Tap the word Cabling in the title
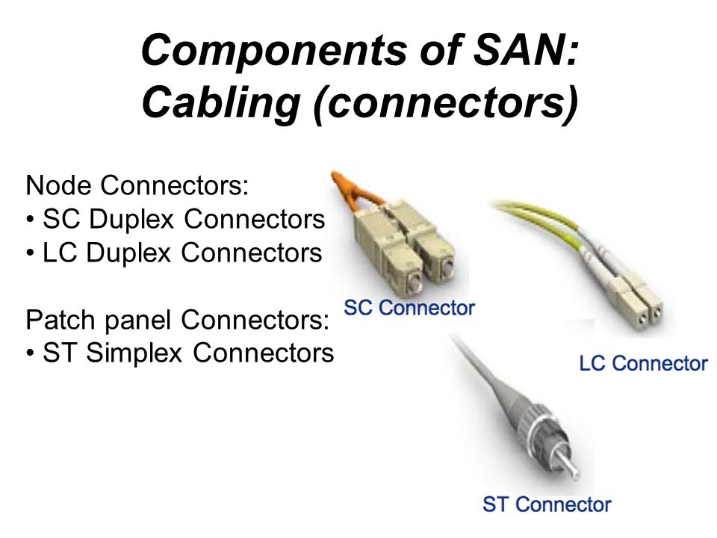[221, 101]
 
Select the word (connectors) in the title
[445, 103]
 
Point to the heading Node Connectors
[137, 185]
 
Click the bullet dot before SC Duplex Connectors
[30, 220]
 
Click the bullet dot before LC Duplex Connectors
[30, 254]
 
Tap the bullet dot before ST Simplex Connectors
[30, 353]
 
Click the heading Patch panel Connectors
[178, 320]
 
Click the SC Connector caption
[409, 307]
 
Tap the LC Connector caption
[643, 364]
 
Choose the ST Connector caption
[547, 504]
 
